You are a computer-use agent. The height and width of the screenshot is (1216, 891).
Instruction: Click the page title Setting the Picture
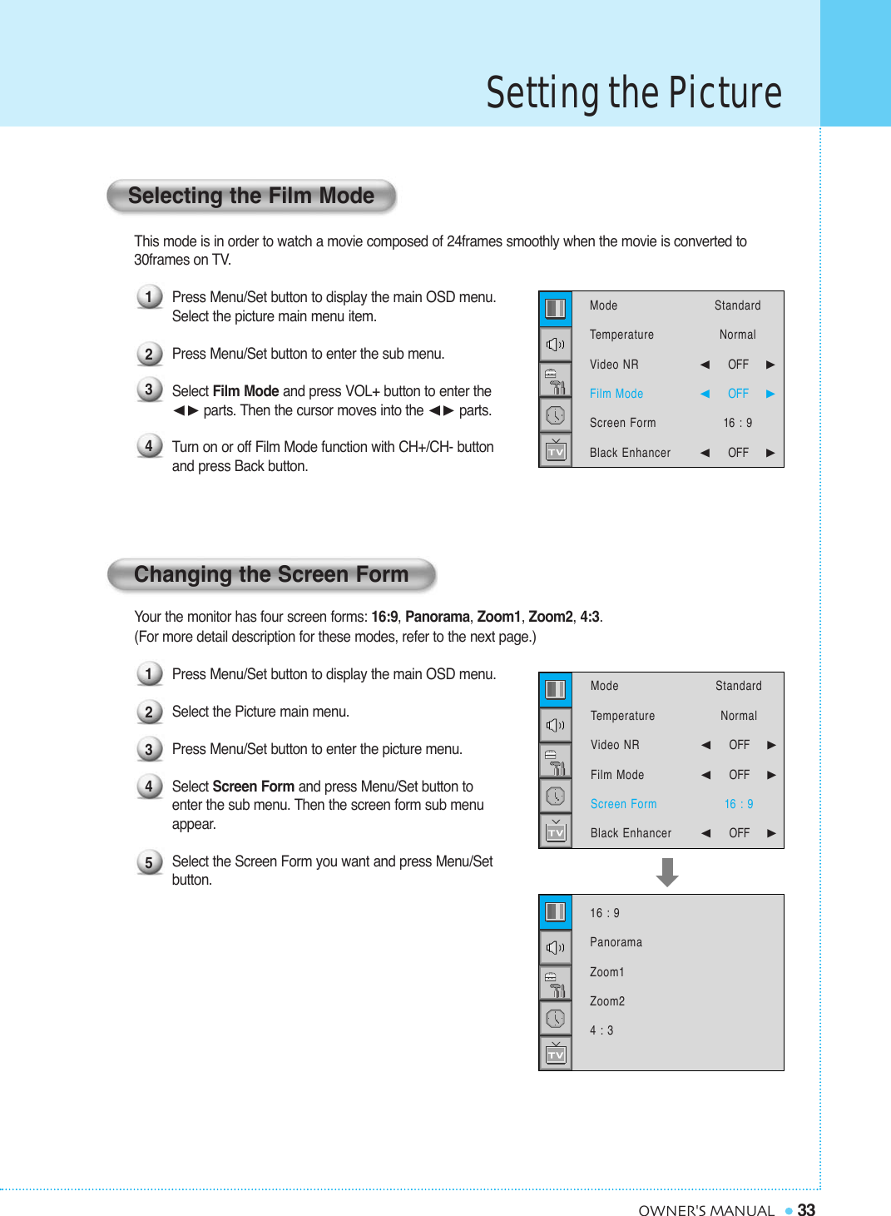[x=633, y=92]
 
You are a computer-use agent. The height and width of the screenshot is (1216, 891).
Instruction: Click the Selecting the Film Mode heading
[x=250, y=196]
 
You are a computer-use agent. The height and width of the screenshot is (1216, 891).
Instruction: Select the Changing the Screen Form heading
[x=271, y=575]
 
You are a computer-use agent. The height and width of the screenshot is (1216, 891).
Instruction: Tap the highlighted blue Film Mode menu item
[x=616, y=394]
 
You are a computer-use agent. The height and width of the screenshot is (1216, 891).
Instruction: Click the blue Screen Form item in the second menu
[x=623, y=804]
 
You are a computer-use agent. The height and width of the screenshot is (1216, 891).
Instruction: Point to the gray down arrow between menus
[x=666, y=872]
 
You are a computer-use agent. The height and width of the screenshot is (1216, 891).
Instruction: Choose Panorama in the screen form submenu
[x=616, y=942]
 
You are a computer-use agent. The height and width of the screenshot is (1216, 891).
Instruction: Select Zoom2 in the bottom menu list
[x=606, y=1001]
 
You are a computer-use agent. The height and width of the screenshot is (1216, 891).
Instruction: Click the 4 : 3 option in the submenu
[x=601, y=1030]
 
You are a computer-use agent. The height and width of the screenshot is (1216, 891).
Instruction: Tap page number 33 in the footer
[x=806, y=1210]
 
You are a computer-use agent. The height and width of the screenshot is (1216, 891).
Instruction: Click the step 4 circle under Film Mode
[x=149, y=446]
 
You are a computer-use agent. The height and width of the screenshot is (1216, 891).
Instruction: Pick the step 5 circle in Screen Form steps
[x=149, y=862]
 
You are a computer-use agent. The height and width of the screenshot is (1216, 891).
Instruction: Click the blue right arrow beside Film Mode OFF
[x=770, y=394]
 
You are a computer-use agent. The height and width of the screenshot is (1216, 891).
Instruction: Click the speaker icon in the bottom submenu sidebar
[x=556, y=947]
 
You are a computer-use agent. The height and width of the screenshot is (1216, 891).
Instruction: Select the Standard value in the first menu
[x=737, y=305]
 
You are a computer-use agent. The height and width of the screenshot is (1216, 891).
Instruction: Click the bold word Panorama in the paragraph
[x=437, y=617]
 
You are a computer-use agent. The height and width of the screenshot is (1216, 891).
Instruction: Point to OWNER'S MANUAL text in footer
[x=705, y=1211]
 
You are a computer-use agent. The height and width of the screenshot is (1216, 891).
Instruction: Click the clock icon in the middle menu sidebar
[x=556, y=797]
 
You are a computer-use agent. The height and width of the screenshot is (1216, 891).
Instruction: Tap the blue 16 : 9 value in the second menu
[x=738, y=804]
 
